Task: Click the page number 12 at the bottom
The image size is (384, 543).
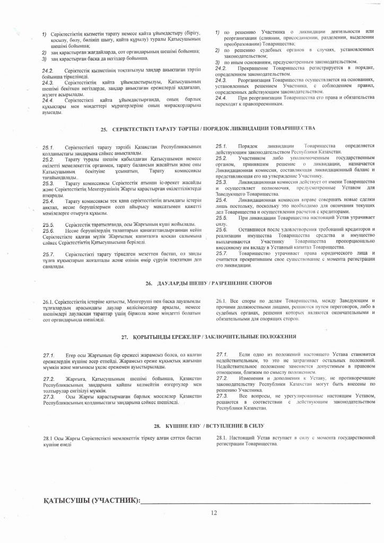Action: click(214, 512)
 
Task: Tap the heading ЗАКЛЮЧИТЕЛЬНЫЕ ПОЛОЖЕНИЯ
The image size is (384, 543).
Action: click(252, 336)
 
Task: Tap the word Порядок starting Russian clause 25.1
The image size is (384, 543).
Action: click(248, 145)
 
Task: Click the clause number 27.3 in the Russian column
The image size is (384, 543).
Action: click(221, 397)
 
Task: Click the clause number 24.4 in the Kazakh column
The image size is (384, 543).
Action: click(48, 100)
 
